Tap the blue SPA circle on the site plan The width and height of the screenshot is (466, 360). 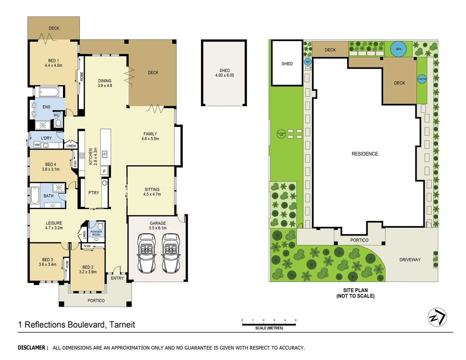pyautogui.click(x=398, y=49)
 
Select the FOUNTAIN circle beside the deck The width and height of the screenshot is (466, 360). pyautogui.click(x=422, y=79)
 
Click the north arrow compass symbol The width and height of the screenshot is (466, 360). pyautogui.click(x=437, y=317)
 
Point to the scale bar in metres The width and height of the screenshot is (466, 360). pyautogui.click(x=269, y=323)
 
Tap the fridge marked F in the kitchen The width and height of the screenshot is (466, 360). pyautogui.click(x=104, y=171)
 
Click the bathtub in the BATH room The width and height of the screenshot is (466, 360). pyautogui.click(x=35, y=195)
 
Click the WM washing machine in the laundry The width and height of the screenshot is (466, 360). pyautogui.click(x=37, y=145)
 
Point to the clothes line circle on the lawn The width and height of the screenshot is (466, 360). pyautogui.click(x=281, y=134)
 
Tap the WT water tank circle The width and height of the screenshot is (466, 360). pyautogui.click(x=308, y=62)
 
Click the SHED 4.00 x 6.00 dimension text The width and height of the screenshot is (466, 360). pyautogui.click(x=224, y=75)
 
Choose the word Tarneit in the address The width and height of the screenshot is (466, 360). pyautogui.click(x=122, y=325)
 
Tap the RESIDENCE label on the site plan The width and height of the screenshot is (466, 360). pyautogui.click(x=365, y=154)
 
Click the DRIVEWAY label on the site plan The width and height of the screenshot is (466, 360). pyautogui.click(x=410, y=260)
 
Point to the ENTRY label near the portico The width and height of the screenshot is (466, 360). pyautogui.click(x=117, y=278)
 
